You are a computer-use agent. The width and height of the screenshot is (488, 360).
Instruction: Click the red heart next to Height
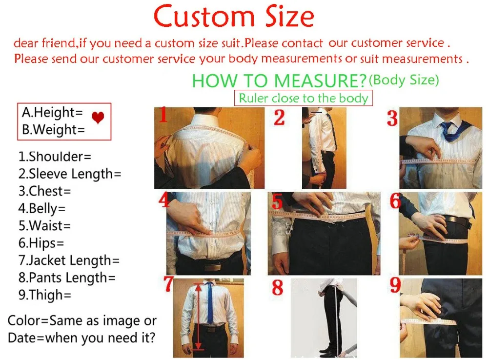pos(98,118)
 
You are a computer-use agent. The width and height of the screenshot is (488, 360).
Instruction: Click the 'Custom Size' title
pos(234,17)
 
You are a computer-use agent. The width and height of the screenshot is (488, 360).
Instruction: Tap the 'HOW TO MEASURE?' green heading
pos(279,80)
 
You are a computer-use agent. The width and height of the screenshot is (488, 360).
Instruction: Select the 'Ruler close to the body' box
pos(303,98)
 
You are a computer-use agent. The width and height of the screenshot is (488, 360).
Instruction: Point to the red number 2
pos(279,118)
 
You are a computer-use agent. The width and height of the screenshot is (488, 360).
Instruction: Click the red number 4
pos(163,200)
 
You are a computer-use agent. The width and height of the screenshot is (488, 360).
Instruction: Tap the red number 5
pos(277,201)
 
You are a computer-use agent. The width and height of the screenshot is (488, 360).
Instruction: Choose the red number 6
pos(395,201)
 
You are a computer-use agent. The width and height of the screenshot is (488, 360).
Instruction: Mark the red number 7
pos(169,284)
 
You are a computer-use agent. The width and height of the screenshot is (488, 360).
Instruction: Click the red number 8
pos(278,287)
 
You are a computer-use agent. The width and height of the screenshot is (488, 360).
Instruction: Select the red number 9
pos(395,286)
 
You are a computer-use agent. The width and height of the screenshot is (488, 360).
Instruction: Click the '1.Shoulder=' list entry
pos(55,157)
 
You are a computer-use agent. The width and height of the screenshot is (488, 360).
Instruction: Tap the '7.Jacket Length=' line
pos(69,260)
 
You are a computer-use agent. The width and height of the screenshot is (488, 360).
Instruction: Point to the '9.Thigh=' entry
pos(45,295)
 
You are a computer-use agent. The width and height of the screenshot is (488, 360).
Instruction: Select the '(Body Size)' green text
pos(404,80)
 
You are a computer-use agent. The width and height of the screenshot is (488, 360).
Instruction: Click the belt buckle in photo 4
pos(211,267)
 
